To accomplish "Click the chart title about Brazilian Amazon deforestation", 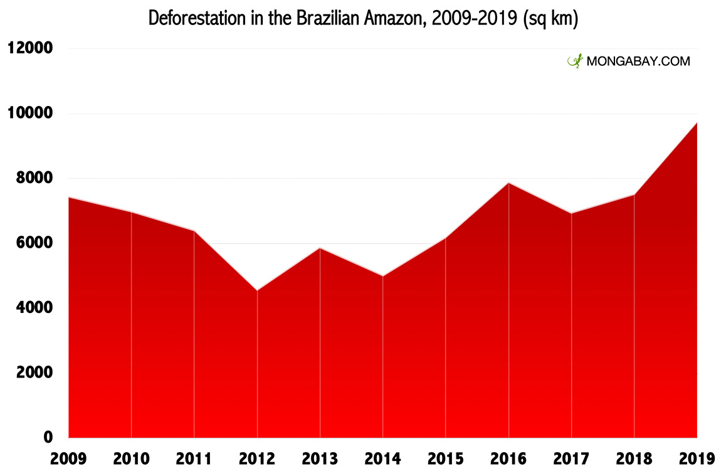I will point(362,19).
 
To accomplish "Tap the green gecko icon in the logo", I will point(574,61).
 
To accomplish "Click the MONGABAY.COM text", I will point(638,61).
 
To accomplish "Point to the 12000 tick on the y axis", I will point(30,48).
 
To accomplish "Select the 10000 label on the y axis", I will point(30,114).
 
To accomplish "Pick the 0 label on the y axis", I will point(48,437).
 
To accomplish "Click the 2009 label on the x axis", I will point(68,459).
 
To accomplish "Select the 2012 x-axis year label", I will point(257,459).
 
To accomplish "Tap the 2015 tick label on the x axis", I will point(446,459).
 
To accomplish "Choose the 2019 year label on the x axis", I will point(697,459).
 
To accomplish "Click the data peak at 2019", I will point(697,123).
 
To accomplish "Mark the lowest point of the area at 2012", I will point(257,290).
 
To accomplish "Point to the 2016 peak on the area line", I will point(508,183).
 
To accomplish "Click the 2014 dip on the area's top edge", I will point(382,276).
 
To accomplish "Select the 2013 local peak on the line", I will point(320,248).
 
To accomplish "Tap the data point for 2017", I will point(571,213).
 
